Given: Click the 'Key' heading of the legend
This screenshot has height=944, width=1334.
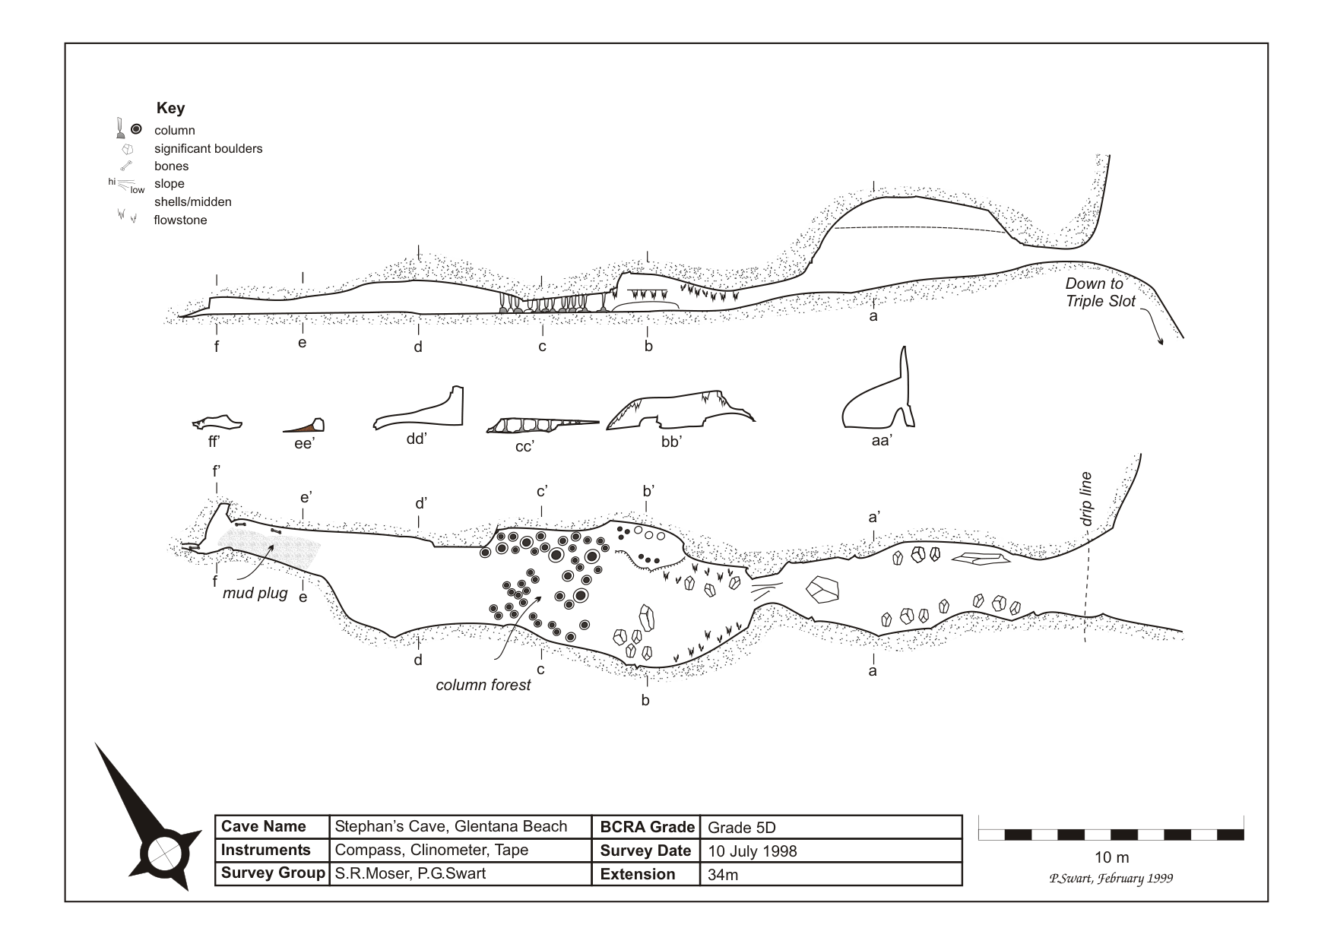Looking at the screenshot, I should [170, 108].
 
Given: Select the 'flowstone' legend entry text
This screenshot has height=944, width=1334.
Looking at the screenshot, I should [180, 220].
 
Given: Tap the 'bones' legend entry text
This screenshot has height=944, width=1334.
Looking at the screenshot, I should [171, 166].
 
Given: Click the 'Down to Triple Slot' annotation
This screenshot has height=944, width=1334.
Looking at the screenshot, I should [1099, 293].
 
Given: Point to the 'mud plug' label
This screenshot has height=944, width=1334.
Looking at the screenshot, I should [255, 594].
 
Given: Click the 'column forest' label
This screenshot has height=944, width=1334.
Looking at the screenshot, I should [483, 685].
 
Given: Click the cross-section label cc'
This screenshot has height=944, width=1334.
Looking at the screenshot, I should [524, 446].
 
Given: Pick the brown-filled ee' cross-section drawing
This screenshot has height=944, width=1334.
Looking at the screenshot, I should [304, 426].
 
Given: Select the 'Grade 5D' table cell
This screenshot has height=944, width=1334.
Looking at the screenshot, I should [741, 828].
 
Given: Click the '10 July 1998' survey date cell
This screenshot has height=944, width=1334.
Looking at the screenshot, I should [752, 851].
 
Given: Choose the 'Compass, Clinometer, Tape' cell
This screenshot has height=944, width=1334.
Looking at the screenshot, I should [431, 851].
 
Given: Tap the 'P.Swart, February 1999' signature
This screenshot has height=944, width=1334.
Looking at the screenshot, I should [1111, 879].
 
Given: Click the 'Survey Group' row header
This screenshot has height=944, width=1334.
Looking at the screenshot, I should [272, 874].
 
